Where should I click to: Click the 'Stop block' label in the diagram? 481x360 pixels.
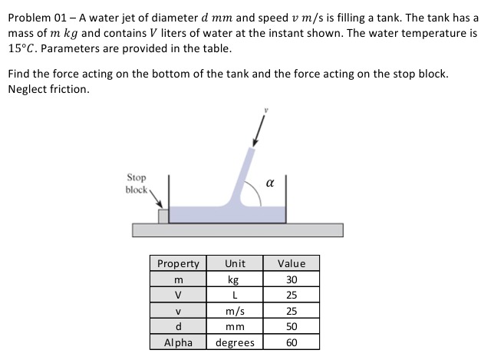(x=138, y=183)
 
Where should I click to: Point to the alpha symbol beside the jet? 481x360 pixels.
(x=269, y=182)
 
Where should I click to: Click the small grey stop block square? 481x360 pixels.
(x=163, y=216)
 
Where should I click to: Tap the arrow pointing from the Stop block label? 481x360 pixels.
(x=159, y=200)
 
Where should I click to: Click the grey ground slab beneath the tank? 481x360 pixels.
(x=237, y=230)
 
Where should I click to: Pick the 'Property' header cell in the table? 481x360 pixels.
(x=178, y=263)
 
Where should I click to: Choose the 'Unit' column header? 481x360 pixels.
(x=236, y=263)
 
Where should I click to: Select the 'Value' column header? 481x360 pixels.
(x=292, y=263)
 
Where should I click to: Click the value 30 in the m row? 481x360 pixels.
(x=292, y=279)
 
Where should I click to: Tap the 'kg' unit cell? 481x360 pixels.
(x=236, y=279)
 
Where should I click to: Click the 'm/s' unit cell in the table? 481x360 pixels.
(x=236, y=311)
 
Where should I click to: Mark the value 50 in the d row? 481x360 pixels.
(x=292, y=326)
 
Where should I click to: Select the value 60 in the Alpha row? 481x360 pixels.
(x=292, y=342)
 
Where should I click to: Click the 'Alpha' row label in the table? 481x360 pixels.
(x=178, y=342)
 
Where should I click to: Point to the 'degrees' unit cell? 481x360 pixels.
(x=236, y=342)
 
